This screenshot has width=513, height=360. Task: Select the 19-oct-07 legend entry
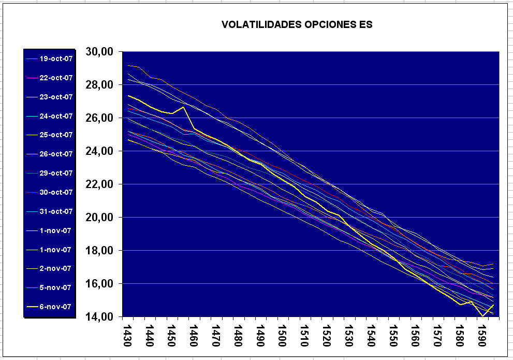55,59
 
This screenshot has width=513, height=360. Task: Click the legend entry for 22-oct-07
55,78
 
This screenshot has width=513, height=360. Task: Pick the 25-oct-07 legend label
55,135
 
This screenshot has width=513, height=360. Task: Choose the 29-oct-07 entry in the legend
55,173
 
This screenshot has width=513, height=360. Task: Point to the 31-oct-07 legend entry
55,211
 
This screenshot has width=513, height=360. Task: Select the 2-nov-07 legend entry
55,268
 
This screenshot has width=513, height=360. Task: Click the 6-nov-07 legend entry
55,307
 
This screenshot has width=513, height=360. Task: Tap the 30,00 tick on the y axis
102,52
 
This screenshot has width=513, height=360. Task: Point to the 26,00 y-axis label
102,118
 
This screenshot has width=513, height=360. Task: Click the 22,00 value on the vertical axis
102,184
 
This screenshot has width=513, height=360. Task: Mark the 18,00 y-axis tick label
102,251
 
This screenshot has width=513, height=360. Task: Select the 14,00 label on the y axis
102,317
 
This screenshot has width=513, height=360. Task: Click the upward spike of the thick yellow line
183,107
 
